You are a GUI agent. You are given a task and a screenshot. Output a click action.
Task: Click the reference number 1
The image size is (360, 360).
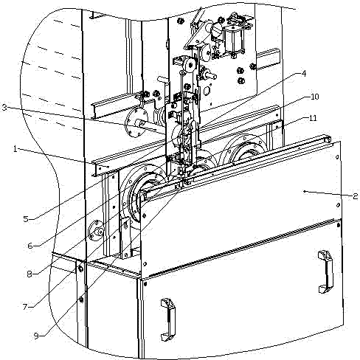tap(15, 149)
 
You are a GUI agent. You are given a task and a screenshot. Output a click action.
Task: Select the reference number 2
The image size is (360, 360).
tap(355, 196)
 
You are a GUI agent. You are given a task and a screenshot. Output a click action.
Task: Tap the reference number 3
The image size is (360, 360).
tap(4, 107)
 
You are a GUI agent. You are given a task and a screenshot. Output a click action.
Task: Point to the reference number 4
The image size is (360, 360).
tap(304, 73)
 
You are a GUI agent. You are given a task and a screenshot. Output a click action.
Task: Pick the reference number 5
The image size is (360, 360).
tap(26, 218)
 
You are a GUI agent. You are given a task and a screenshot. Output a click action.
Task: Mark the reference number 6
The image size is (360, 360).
tap(30, 245)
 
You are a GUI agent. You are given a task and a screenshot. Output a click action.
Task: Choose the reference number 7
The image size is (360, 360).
tap(24, 307)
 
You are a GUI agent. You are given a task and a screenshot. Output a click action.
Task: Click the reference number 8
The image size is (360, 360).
tap(30, 274)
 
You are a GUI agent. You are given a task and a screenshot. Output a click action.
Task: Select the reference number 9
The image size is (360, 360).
tap(36, 336)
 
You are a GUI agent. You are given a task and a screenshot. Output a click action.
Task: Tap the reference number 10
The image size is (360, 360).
tap(314, 97)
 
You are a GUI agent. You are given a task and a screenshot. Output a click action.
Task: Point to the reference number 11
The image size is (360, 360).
tap(313, 118)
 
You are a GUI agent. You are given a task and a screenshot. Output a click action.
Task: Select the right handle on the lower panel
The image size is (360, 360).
tap(326, 271)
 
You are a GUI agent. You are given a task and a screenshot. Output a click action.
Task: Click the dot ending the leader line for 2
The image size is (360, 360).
tap(305, 191)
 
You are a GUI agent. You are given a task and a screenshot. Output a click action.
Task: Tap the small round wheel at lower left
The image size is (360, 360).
tap(97, 231)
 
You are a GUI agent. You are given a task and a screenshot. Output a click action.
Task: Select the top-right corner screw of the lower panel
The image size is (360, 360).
tap(339, 225)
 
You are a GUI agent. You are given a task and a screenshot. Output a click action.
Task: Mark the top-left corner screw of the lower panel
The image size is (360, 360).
tap(145, 284)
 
